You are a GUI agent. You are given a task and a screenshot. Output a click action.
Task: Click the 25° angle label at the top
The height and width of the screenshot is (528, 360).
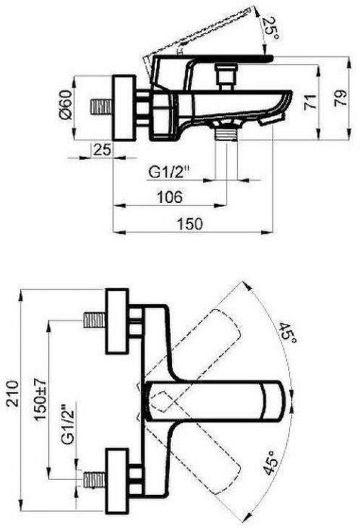click(x=270, y=28)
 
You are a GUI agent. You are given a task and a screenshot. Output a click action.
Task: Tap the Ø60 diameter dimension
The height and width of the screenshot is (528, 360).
click(x=66, y=104)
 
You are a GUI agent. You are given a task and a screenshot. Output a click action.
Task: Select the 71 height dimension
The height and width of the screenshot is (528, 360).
click(x=310, y=102)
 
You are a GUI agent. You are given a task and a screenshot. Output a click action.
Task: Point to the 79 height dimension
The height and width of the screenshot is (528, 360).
click(x=340, y=98)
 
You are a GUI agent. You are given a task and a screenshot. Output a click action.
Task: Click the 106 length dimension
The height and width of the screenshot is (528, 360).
click(x=170, y=197)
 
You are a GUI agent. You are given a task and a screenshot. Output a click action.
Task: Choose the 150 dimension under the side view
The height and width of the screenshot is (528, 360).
click(x=190, y=224)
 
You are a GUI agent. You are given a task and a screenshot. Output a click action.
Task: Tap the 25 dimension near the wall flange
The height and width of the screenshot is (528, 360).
click(x=102, y=149)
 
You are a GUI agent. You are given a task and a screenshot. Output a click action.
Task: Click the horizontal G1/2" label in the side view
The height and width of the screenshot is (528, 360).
click(x=168, y=173)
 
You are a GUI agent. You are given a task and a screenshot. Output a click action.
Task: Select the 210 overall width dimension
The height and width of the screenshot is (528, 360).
click(x=13, y=393)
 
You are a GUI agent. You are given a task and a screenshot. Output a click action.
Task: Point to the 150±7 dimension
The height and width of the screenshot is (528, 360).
click(x=40, y=399)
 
